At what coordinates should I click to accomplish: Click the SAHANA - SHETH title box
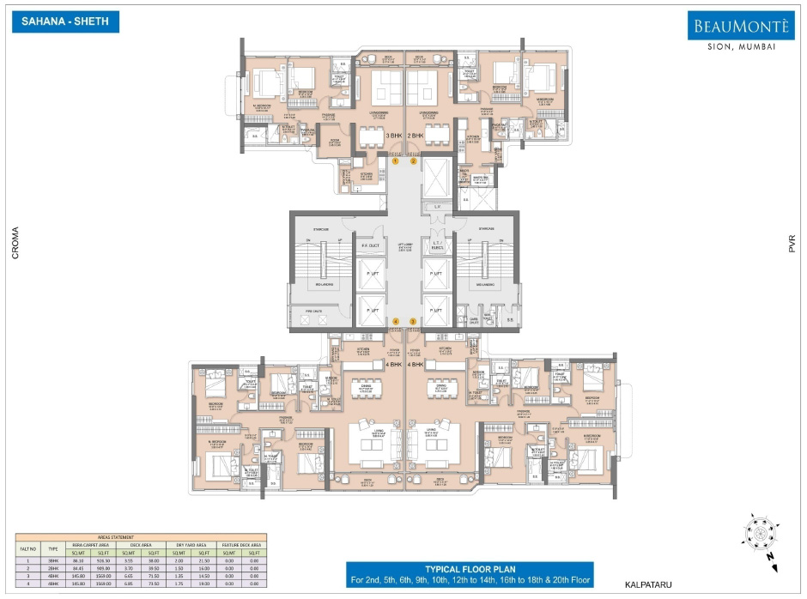click(x=65, y=21)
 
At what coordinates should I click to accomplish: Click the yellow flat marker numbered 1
click(x=396, y=160)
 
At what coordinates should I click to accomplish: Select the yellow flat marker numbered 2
click(x=413, y=160)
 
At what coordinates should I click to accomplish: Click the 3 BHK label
click(x=394, y=136)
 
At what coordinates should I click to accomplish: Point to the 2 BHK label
click(x=416, y=136)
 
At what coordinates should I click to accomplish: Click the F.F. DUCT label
click(x=369, y=246)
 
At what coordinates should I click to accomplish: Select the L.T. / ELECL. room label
click(x=437, y=246)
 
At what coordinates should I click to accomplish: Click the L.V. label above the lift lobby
click(x=437, y=207)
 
